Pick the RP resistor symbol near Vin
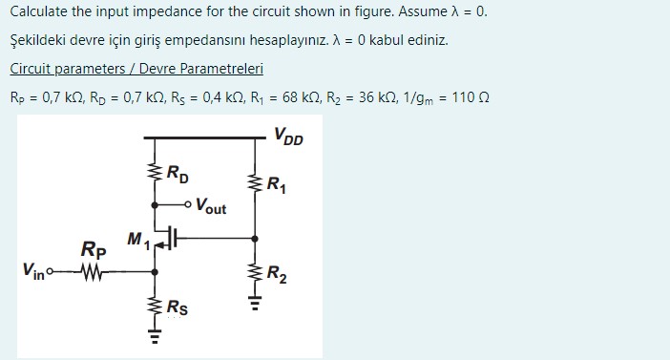pyautogui.click(x=93, y=270)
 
